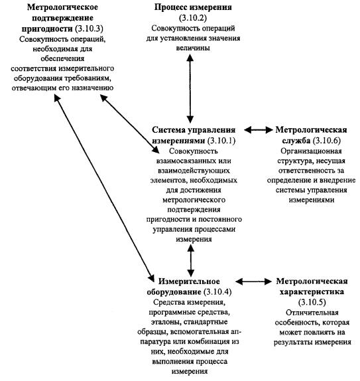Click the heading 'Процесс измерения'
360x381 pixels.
point(193,7)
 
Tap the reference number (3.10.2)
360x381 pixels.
point(193,18)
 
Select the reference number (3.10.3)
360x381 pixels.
point(89,29)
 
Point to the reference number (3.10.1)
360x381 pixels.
point(221,141)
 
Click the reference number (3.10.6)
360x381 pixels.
point(327,141)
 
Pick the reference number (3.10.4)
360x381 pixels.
point(217,292)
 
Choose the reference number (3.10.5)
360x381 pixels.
point(312,302)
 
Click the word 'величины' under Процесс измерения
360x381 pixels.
point(193,48)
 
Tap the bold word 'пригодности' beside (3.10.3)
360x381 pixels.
point(47,29)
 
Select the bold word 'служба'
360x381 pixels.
point(296,141)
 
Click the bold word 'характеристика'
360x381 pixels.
point(312,292)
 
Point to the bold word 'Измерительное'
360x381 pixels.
point(189,281)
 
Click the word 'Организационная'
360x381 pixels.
point(311,151)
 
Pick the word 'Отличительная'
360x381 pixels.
point(312,313)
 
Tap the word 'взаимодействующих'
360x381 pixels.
point(194,171)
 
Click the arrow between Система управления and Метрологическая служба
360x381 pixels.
point(259,130)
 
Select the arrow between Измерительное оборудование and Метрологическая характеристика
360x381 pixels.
point(253,281)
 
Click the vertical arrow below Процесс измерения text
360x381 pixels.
point(190,88)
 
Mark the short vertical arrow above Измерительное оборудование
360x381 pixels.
point(191,261)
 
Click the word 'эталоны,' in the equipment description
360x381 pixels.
point(166,322)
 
